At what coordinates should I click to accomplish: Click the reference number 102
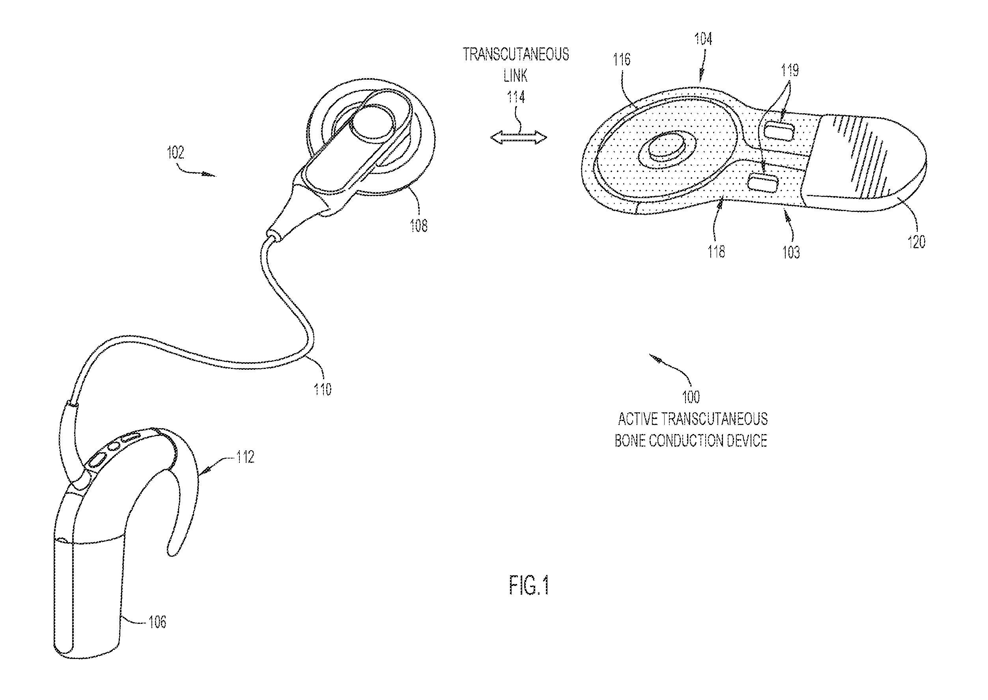pos(176,153)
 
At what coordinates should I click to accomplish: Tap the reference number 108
pos(418,225)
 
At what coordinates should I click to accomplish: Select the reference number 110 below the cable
pos(322,389)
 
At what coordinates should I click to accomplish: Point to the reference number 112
pos(245,457)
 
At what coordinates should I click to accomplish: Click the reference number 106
pos(157,621)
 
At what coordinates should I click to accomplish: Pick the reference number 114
pos(516,97)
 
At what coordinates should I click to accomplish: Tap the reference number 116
pos(622,60)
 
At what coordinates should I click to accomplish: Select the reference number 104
pos(703,39)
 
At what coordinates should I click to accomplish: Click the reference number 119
pos(790,70)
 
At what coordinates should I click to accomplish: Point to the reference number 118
pos(716,251)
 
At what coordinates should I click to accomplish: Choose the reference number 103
pos(791,252)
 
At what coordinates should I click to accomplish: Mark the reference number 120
pos(917,241)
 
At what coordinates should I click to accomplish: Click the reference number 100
pos(691,397)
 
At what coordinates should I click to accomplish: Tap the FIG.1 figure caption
pos(529,585)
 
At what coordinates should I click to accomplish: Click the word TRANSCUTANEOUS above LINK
pos(516,54)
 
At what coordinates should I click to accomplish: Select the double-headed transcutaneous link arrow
pos(519,137)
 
